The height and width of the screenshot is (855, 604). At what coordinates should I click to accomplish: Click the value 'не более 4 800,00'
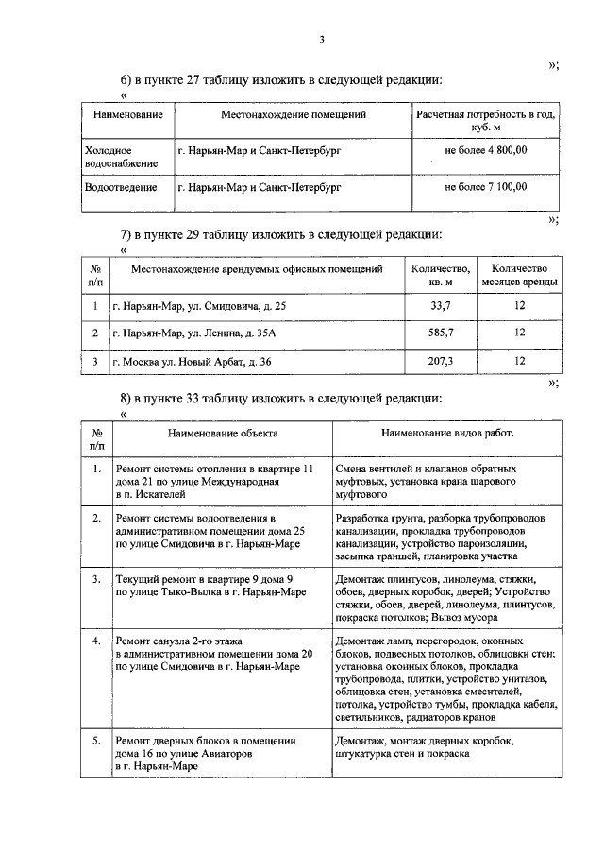[485, 150]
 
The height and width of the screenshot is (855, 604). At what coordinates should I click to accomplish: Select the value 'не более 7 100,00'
[485, 187]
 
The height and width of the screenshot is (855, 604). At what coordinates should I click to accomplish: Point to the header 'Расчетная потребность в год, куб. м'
[485, 120]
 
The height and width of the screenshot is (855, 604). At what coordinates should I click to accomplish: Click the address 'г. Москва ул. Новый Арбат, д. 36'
[192, 361]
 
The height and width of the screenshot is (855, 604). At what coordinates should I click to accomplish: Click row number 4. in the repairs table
[96, 641]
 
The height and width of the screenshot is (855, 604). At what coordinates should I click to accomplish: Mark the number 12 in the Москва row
[519, 361]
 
